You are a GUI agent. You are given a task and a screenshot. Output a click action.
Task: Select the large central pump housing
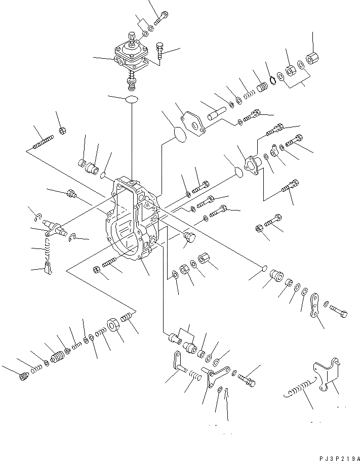[133, 218]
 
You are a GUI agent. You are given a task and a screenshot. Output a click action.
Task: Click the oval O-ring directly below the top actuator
[131, 99]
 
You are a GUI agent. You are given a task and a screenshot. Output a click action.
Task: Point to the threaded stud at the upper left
[44, 143]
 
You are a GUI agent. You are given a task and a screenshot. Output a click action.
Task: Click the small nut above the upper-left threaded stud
[61, 131]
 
